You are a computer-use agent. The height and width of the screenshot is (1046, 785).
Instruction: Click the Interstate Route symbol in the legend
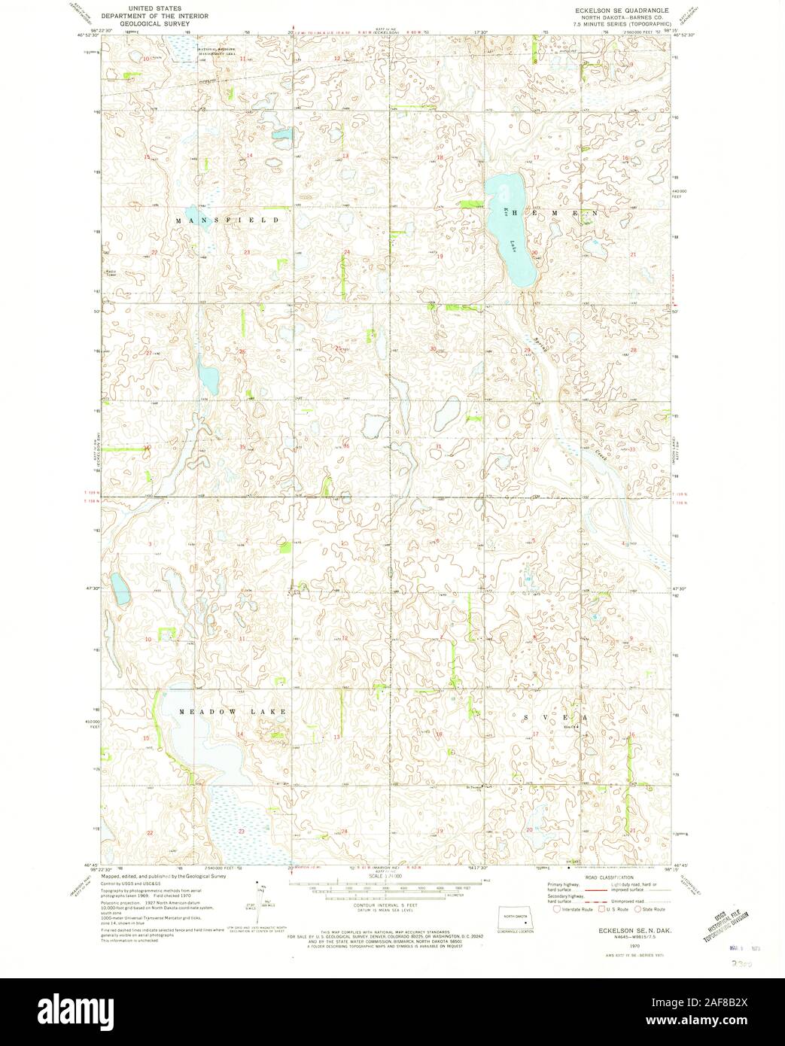(558, 908)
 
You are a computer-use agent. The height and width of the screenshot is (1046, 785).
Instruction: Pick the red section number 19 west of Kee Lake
(440, 256)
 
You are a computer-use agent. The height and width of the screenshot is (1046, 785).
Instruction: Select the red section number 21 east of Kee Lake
(634, 255)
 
